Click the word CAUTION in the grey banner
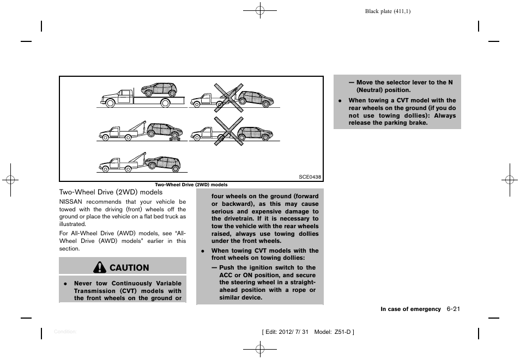[x=129, y=267]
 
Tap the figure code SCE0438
[x=310, y=177]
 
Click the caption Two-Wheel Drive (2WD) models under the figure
[x=191, y=185]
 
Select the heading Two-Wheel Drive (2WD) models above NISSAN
[x=111, y=192]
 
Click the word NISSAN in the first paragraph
[x=69, y=202]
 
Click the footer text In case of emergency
[x=410, y=309]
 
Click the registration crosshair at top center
[x=260, y=10]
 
